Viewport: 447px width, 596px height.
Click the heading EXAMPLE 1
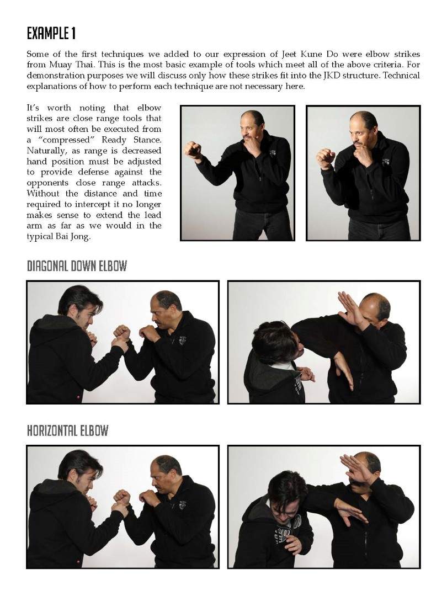tap(51, 34)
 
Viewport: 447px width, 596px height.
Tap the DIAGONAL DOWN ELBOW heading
tap(77, 266)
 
